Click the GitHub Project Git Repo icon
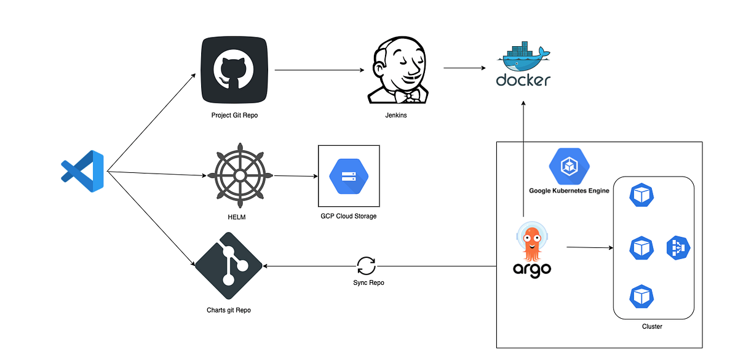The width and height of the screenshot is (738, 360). pyautogui.click(x=234, y=70)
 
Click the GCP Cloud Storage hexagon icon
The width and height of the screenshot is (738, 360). pyautogui.click(x=349, y=176)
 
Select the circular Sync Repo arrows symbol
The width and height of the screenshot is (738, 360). pyautogui.click(x=366, y=266)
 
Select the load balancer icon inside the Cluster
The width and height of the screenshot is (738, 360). pyautogui.click(x=678, y=248)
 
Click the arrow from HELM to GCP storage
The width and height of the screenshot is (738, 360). pyautogui.click(x=295, y=176)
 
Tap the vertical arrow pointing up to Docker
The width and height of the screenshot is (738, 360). pyautogui.click(x=523, y=160)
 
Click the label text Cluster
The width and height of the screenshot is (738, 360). pyautogui.click(x=651, y=326)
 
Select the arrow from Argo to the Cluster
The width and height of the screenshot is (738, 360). pyautogui.click(x=589, y=248)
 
